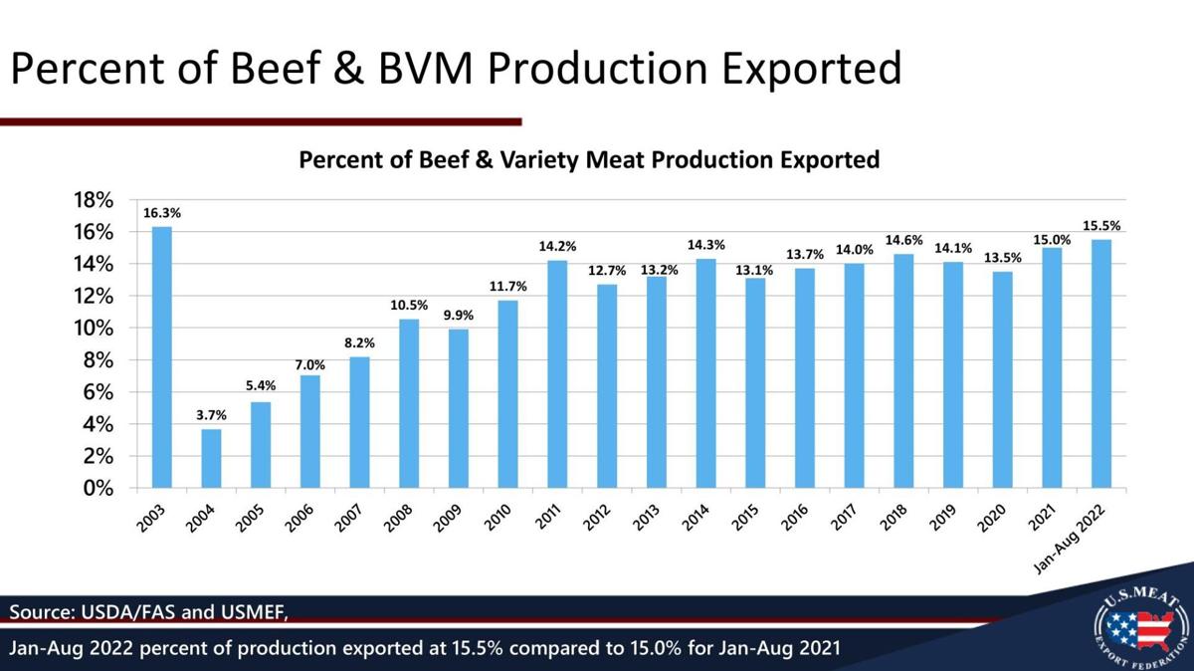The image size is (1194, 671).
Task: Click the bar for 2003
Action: [161, 358]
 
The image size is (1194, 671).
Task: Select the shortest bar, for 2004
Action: [211, 459]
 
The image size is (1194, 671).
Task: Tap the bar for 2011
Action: [558, 374]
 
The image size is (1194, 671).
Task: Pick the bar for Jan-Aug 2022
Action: [1101, 364]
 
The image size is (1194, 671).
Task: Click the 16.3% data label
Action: [161, 213]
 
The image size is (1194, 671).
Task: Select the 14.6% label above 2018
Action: [903, 240]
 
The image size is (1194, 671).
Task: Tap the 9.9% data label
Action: [459, 315]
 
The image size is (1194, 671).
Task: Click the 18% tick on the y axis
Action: [95, 200]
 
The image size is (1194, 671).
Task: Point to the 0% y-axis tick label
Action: [100, 489]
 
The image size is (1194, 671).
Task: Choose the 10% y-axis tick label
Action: [95, 329]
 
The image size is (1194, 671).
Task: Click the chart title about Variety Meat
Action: [590, 159]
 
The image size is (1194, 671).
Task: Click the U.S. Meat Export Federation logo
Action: [1140, 626]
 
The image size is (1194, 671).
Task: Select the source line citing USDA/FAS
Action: [149, 609]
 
